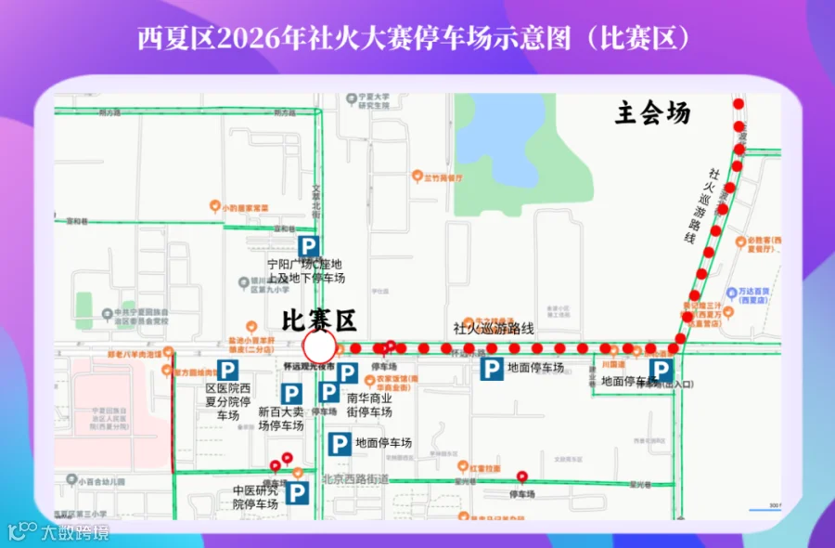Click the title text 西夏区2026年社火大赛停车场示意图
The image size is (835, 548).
point(416,38)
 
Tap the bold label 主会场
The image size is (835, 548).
point(653,113)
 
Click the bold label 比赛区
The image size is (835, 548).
point(319,321)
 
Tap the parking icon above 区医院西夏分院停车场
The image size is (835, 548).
point(227,371)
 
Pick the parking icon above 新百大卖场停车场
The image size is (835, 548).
point(291,393)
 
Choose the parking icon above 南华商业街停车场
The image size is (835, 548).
point(347,373)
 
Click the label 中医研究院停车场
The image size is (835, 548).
point(255,497)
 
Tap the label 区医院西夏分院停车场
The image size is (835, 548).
point(227,402)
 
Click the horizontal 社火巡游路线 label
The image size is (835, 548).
point(494,328)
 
